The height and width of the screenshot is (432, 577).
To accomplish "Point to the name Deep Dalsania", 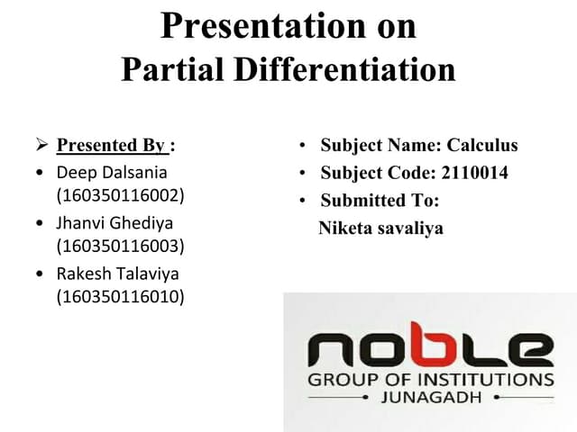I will [112, 171].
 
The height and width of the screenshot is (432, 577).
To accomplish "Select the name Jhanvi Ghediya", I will [114, 222].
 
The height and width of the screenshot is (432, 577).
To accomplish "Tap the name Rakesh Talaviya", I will [118, 274].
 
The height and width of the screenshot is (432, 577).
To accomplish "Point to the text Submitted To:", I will [380, 201].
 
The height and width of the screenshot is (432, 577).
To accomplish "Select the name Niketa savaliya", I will [380, 229].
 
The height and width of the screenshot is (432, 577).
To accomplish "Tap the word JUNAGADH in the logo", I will [431, 397].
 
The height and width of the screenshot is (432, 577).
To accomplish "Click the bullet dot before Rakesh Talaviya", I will [39, 274].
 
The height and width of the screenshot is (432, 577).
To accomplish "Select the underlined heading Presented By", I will [111, 145].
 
